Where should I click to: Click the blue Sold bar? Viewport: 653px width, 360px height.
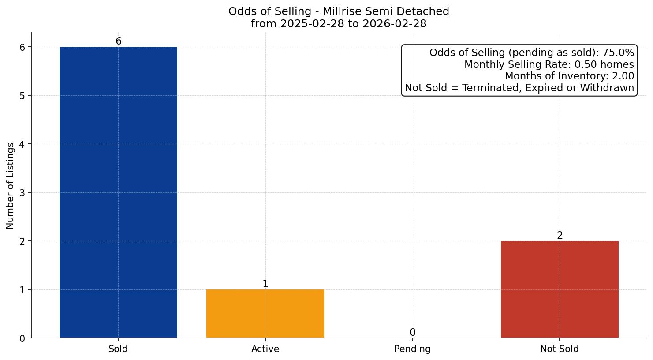[118, 192]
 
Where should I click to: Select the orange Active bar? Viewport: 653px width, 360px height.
[265, 313]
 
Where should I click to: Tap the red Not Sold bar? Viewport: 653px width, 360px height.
[560, 289]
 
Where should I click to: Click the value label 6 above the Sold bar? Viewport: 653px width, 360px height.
[119, 41]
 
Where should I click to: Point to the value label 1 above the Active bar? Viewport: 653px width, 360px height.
[265, 284]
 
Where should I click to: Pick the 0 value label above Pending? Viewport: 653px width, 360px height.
[412, 333]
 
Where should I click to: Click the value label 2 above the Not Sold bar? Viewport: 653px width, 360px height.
[560, 236]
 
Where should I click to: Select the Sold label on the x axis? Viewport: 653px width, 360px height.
[118, 349]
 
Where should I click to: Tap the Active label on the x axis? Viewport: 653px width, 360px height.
[265, 349]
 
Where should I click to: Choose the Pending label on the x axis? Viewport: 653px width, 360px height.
[412, 349]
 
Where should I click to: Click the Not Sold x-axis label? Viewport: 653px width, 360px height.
[559, 349]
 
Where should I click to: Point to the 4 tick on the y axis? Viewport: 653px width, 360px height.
[23, 144]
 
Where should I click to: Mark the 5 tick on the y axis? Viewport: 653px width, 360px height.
[23, 96]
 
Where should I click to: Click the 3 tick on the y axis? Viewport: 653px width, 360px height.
[23, 193]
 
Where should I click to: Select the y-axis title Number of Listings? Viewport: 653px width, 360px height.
[11, 185]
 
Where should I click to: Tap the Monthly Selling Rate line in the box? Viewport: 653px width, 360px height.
[549, 65]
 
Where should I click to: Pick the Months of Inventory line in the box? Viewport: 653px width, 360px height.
[569, 76]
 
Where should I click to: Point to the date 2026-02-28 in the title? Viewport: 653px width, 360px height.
[395, 24]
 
